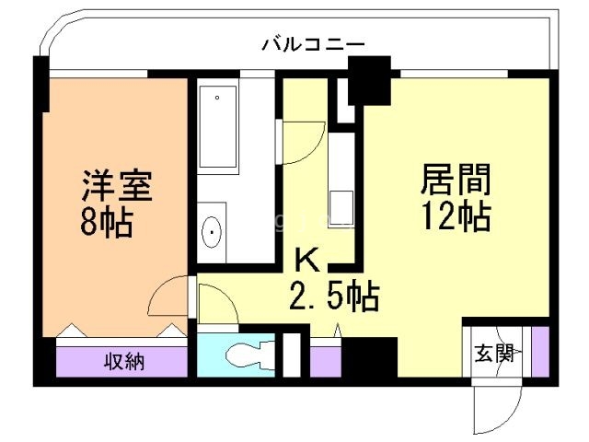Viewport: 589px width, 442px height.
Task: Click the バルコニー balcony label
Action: [313, 43]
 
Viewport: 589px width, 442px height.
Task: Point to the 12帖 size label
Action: [456, 216]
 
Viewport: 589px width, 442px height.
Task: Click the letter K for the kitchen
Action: [309, 261]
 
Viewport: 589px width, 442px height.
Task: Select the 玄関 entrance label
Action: [493, 354]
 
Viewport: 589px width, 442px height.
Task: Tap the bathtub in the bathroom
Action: [219, 129]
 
